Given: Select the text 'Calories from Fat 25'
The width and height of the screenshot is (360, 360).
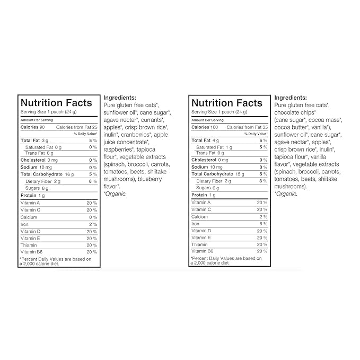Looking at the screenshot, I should point(76,127).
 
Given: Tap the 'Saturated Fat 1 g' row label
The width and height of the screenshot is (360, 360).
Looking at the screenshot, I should point(214,147).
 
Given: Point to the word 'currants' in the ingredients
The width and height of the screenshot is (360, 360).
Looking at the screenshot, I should point(154,120).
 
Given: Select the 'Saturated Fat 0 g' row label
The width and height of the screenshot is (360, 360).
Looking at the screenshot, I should point(43,147).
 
